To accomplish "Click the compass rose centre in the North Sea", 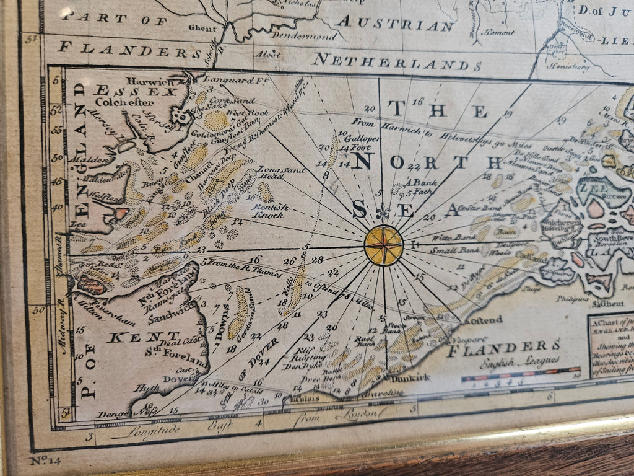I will point(383,245).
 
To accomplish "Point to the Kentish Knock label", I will point(267,211).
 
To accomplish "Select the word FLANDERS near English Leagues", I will point(503,346).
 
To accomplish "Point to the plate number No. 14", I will point(44,461).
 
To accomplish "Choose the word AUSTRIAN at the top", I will point(395,25).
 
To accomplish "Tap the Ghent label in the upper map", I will point(202,29).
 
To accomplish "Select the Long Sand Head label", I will point(279,172).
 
